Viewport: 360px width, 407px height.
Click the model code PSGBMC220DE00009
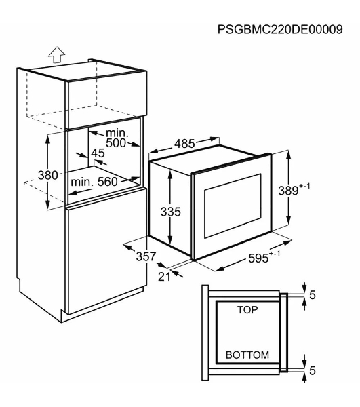click(x=280, y=29)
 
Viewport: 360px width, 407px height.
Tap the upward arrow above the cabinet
click(x=57, y=54)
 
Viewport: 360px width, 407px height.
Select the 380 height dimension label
click(x=48, y=175)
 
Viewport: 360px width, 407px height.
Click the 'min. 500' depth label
click(x=117, y=138)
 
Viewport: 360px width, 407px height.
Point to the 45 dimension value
click(x=98, y=153)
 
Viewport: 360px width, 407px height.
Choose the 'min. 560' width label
click(x=94, y=182)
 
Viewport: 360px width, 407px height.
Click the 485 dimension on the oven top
click(x=184, y=144)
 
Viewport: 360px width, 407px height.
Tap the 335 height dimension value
click(x=170, y=212)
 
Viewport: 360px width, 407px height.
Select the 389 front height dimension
click(x=288, y=191)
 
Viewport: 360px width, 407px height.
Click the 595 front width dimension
click(x=258, y=258)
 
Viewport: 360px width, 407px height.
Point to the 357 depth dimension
click(x=146, y=256)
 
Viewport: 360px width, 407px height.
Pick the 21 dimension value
click(x=164, y=277)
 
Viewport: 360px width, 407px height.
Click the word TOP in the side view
click(x=247, y=309)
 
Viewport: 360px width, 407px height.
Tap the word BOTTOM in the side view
click(x=247, y=355)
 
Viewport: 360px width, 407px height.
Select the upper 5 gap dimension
click(x=313, y=295)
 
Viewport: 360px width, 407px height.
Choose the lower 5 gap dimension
click(x=313, y=370)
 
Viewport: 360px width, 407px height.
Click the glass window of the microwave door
click(x=233, y=206)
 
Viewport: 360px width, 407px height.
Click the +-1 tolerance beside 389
click(x=304, y=186)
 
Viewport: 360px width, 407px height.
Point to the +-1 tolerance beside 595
click(x=275, y=254)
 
